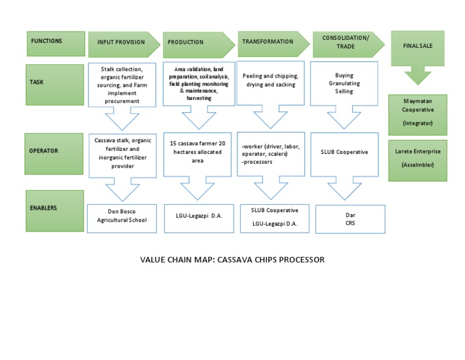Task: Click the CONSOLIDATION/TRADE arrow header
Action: (x=347, y=42)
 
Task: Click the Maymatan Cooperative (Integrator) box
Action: (x=417, y=114)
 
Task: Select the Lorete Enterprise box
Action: (x=417, y=159)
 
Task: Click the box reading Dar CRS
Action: (x=350, y=219)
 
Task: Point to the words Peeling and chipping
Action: (x=270, y=76)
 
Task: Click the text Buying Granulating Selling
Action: (x=344, y=83)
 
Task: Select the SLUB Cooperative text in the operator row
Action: (x=344, y=152)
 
